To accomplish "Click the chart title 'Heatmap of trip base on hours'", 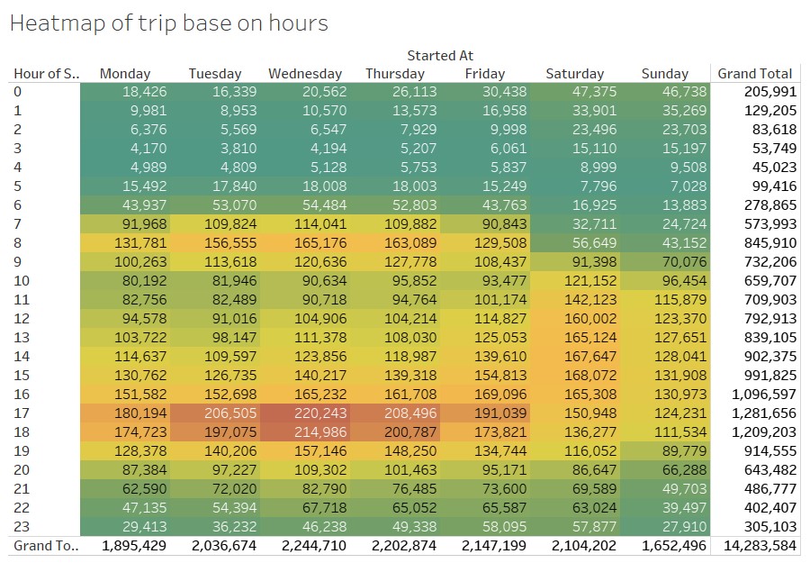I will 168,24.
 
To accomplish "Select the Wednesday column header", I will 305,74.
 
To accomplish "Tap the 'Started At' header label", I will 439,56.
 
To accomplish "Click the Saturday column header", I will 574,74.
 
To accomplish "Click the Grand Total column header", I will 755,74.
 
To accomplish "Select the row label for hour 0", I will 17,92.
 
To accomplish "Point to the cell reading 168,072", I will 582,375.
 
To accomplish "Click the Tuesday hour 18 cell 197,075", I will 224,431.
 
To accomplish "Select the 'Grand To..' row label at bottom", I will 45,546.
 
